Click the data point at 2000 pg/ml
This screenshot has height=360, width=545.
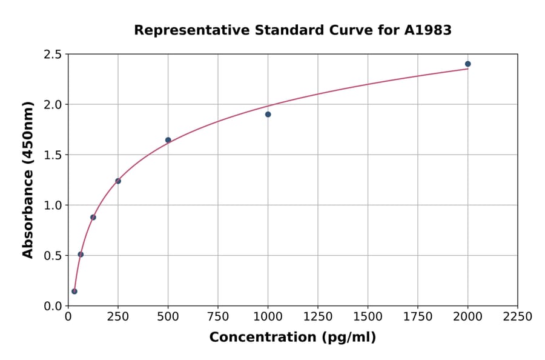tap(467, 64)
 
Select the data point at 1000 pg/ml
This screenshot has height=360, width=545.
tap(268, 114)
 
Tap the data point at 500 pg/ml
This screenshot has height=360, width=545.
tap(168, 140)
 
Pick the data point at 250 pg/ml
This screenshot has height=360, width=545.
tap(118, 181)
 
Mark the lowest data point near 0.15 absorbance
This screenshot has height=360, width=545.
tap(74, 291)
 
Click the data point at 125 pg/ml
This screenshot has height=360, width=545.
tap(93, 217)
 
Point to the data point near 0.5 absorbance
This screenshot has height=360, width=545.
tap(81, 254)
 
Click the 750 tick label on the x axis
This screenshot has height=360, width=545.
tap(218, 317)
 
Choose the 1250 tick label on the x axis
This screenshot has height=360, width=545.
tap(318, 317)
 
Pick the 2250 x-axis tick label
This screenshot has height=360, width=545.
tap(518, 317)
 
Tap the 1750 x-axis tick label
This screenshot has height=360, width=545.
tap(418, 317)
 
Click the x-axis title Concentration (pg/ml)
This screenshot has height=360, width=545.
tap(292, 338)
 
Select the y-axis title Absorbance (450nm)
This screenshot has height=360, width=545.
tap(28, 179)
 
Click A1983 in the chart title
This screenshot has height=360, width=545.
tap(428, 30)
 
